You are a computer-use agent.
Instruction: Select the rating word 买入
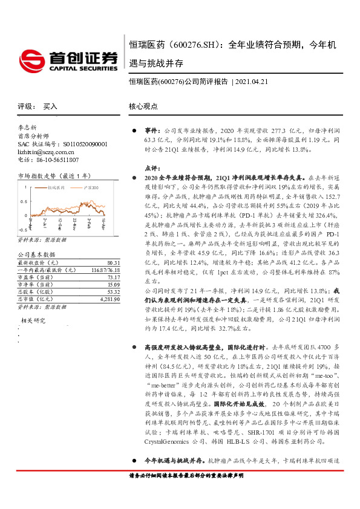point(50,106)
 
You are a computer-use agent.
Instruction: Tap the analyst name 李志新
point(27,128)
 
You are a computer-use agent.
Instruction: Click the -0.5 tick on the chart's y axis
point(22,230)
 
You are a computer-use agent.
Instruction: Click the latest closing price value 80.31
point(113,263)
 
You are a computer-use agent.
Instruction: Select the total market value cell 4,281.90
point(108,299)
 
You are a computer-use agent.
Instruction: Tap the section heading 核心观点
point(143,106)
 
